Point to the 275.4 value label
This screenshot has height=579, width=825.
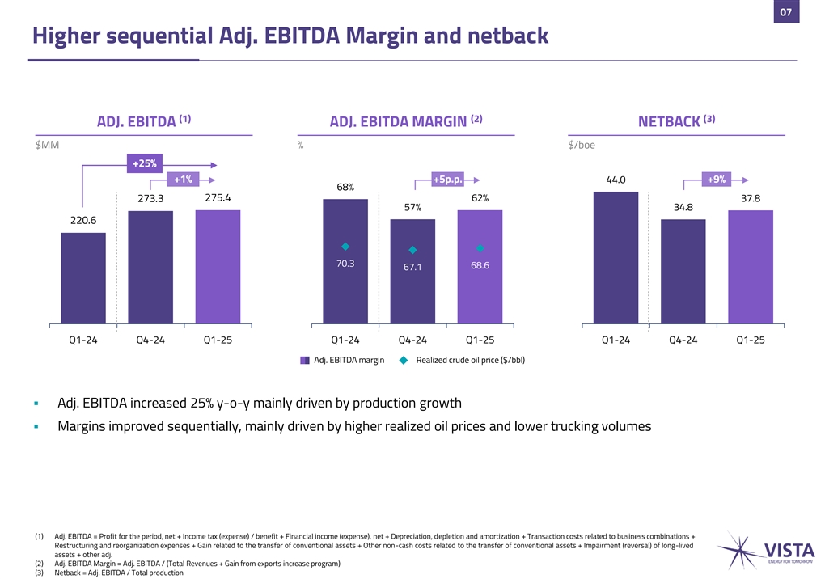click(x=218, y=197)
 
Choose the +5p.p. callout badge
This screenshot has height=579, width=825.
click(x=447, y=180)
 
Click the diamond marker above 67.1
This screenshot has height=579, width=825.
click(x=412, y=250)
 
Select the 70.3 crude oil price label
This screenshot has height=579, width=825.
click(x=345, y=263)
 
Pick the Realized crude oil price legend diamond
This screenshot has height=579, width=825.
click(x=403, y=360)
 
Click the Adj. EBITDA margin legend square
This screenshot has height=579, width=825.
click(x=305, y=360)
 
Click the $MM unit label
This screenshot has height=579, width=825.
click(x=47, y=146)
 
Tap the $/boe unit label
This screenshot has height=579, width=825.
click(x=582, y=146)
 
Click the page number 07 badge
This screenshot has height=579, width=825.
click(x=785, y=11)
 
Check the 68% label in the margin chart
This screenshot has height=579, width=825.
click(x=345, y=188)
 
